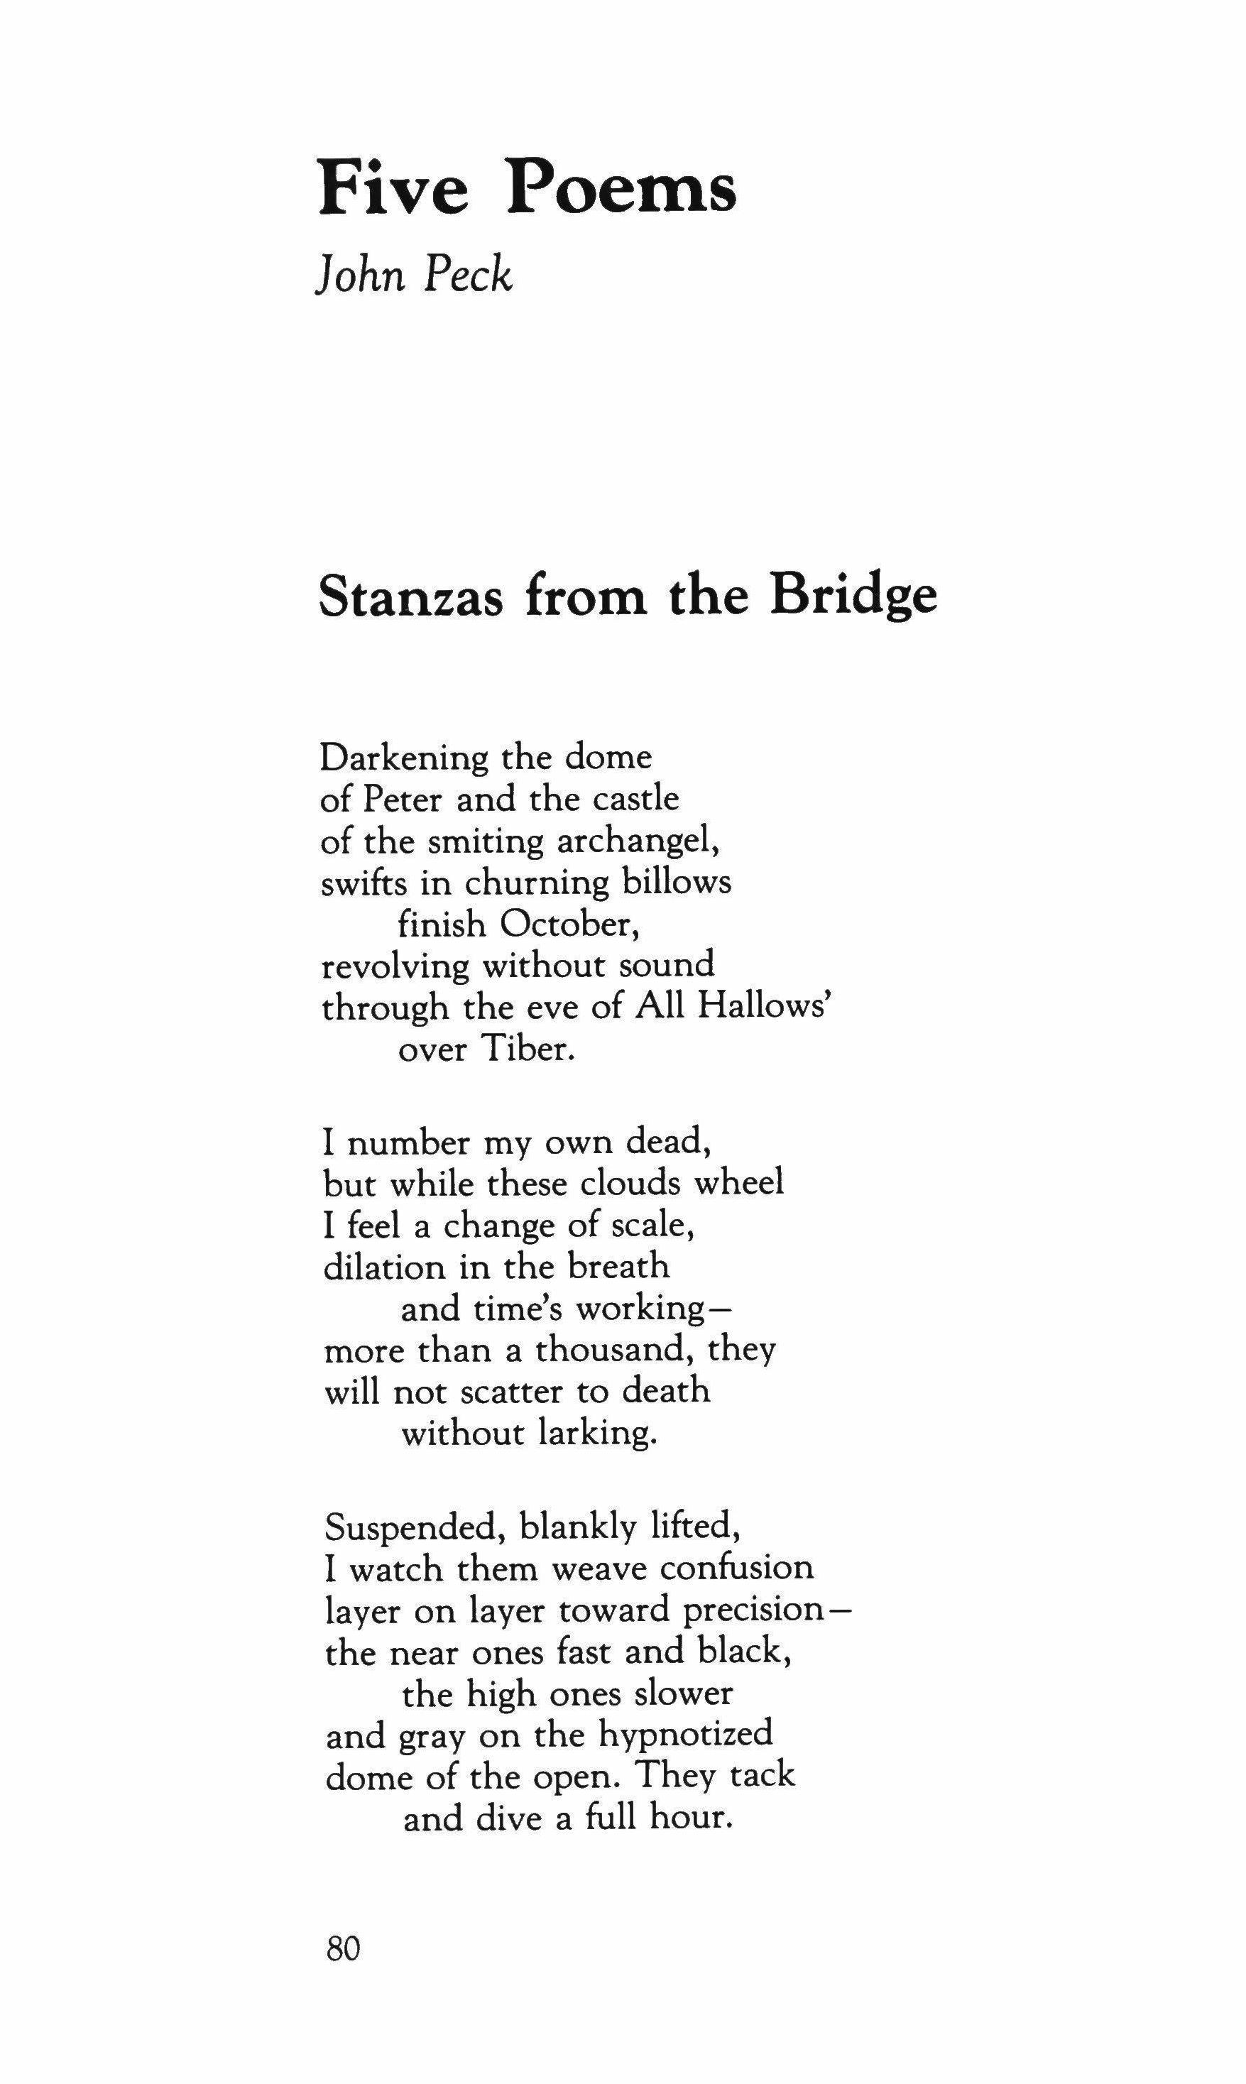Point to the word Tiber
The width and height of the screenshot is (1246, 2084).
tap(528, 1049)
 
